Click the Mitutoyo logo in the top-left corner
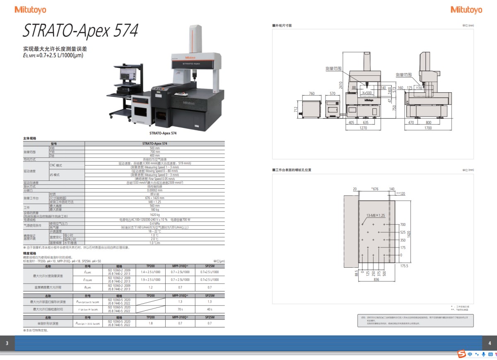[x=30, y=10]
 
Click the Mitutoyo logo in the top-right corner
[x=466, y=10]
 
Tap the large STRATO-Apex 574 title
[x=80, y=31]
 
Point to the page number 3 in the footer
[x=7, y=343]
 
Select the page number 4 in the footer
[x=490, y=343]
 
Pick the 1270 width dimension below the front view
[x=363, y=128]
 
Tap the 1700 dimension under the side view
[x=428, y=128]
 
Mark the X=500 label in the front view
[x=367, y=93]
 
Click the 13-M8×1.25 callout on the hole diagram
[x=376, y=216]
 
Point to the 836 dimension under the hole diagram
[x=376, y=280]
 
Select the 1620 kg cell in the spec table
[x=154, y=215]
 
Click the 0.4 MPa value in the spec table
[x=154, y=223]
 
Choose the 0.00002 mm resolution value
[x=154, y=190]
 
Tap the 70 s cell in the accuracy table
[x=180, y=309]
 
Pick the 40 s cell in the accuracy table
[x=210, y=309]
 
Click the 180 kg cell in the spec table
[x=154, y=209]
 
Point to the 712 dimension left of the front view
[x=296, y=109]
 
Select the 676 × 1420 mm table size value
[x=154, y=198]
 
